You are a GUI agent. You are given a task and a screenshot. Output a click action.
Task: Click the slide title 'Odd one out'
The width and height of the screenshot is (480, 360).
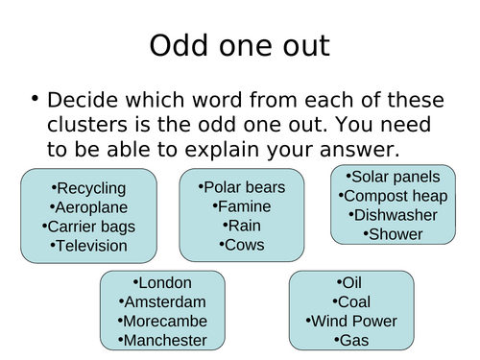pyautogui.click(x=239, y=46)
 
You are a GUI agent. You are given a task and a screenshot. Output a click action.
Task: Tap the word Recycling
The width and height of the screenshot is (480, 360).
pyautogui.click(x=92, y=188)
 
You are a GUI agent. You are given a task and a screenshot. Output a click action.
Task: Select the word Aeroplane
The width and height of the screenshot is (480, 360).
pyautogui.click(x=92, y=207)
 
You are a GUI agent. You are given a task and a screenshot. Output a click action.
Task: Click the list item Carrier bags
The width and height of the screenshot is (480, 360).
pyautogui.click(x=92, y=227)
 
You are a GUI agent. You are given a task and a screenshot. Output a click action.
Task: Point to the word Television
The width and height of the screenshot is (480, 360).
pyautogui.click(x=92, y=246)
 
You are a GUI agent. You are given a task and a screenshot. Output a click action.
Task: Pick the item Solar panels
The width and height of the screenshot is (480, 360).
pyautogui.click(x=396, y=177)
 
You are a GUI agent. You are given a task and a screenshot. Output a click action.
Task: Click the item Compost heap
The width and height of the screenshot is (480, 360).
pyautogui.click(x=396, y=196)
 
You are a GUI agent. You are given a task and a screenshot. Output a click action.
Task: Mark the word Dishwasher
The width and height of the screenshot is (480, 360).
pyautogui.click(x=396, y=214)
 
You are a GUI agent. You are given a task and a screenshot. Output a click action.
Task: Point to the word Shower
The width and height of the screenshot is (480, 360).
pyautogui.click(x=396, y=233)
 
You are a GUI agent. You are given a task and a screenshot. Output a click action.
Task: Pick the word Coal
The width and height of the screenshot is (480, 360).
pyautogui.click(x=351, y=301)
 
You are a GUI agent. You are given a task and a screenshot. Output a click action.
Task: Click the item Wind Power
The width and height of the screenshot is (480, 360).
pyautogui.click(x=351, y=321)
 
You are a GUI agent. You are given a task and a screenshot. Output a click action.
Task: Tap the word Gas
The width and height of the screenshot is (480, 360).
pyautogui.click(x=351, y=340)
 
